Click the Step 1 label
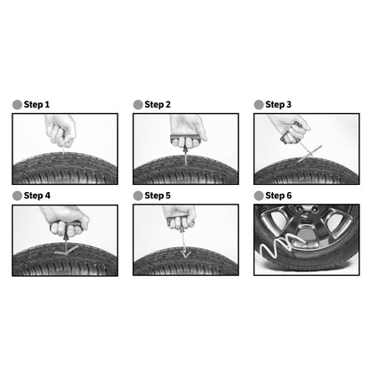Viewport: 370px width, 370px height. [x=36, y=104]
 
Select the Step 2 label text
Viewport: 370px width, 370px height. [x=157, y=104]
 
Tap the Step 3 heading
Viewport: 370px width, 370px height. [x=278, y=104]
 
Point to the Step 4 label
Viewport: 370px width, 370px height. [x=36, y=195]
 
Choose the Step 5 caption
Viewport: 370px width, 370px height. [x=157, y=195]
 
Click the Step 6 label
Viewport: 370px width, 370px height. [x=278, y=195]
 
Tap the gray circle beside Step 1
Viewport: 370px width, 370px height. [x=17, y=104]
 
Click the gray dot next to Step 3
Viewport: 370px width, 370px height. [x=259, y=104]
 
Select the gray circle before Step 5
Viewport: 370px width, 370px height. [x=138, y=195]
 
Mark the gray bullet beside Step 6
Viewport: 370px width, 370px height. [x=259, y=195]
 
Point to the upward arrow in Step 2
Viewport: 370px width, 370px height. [x=184, y=150]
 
